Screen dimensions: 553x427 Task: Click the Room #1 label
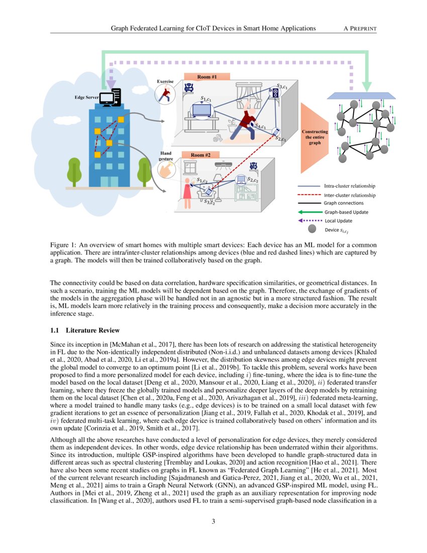(206, 77)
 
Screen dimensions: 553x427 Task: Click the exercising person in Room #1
(246, 121)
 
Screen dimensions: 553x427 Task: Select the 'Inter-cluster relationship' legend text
(349, 195)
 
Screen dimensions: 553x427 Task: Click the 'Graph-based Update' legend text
(346, 212)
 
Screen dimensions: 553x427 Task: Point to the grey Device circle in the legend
(312, 229)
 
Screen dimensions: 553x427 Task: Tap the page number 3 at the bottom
(213, 521)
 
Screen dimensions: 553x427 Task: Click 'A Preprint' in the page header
(360, 28)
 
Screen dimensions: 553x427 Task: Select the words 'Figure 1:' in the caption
(64, 244)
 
